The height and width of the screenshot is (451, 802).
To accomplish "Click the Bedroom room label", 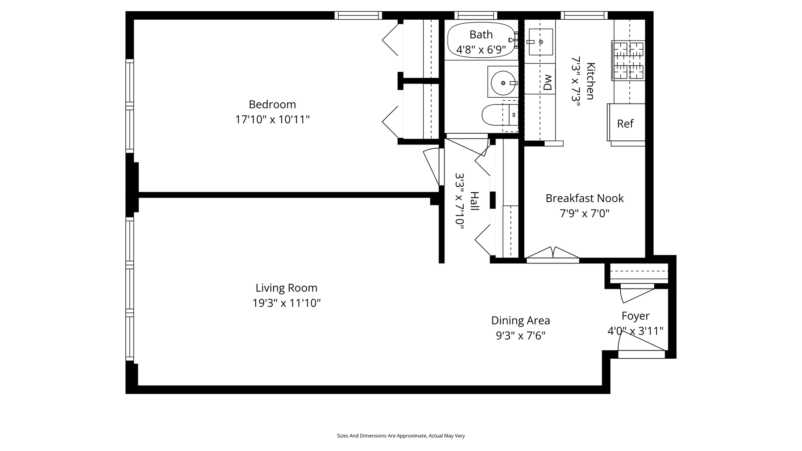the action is tap(272, 104).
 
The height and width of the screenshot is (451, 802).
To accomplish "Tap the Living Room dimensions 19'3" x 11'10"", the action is tap(287, 303).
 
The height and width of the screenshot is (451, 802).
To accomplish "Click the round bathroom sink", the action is tap(503, 83).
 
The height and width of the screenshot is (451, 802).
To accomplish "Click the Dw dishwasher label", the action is tap(548, 82).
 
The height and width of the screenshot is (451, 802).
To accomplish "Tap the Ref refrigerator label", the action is tap(625, 124).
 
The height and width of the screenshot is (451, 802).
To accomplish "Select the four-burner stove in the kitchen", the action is tap(628, 60).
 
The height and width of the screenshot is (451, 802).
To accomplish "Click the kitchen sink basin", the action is tap(541, 42).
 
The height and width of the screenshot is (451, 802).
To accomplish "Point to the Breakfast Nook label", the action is tap(584, 198).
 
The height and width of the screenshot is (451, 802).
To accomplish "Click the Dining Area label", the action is tap(520, 321).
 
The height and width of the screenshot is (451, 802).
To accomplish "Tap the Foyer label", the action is tap(635, 316).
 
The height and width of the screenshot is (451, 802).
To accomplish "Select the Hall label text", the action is tap(475, 201).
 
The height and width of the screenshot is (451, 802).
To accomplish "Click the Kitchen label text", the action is tap(590, 81).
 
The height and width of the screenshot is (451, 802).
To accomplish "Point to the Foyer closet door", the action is tap(637, 293).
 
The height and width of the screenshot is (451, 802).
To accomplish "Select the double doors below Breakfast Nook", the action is tap(553, 255).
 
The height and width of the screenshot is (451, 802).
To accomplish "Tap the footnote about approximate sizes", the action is tap(401, 436).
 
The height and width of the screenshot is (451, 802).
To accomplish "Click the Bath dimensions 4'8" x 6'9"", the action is tap(481, 50).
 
